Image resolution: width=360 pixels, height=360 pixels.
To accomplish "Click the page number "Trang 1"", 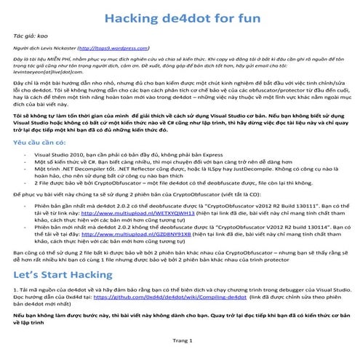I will coord(180,340).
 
